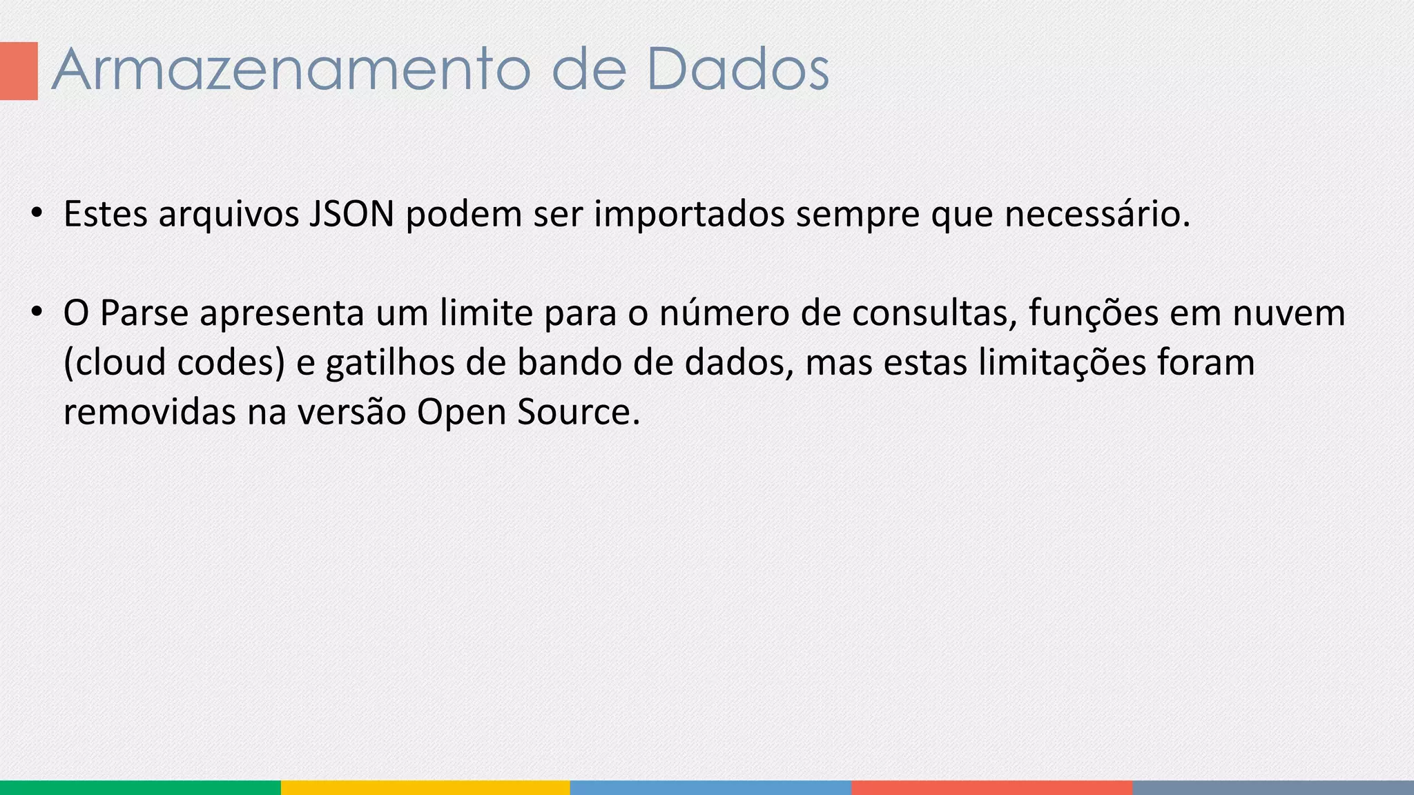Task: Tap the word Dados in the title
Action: [737, 70]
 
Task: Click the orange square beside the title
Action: [19, 70]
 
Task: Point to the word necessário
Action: [1097, 215]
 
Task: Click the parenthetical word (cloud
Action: [114, 363]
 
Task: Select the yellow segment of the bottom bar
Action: [425, 787]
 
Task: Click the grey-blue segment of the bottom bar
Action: [1273, 787]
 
